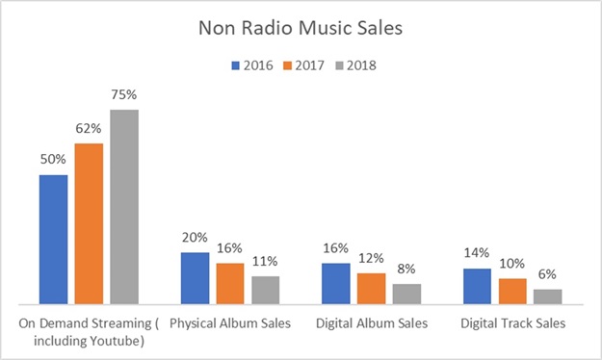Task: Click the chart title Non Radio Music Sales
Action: pyautogui.click(x=301, y=28)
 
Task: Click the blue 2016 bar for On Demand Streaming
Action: pyautogui.click(x=54, y=239)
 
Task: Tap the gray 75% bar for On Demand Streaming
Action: pyautogui.click(x=123, y=206)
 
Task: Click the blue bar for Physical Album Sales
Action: pyautogui.click(x=195, y=277)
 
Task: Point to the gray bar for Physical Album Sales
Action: pyautogui.click(x=265, y=289)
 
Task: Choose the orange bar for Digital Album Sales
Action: pyautogui.click(x=371, y=288)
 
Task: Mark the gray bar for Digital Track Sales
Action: pyautogui.click(x=547, y=296)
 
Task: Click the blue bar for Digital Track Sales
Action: pyautogui.click(x=477, y=286)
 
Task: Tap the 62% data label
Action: pyautogui.click(x=89, y=130)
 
